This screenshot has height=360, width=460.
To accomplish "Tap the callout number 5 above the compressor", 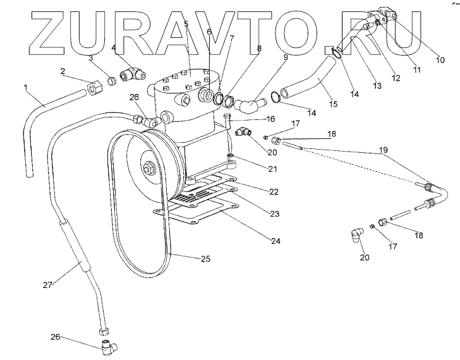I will pyautogui.click(x=186, y=23).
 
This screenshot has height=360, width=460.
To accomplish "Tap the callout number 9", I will pyautogui.click(x=285, y=57).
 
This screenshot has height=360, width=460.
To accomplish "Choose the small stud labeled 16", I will pyautogui.click(x=225, y=118).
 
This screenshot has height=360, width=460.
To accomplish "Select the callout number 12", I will pyautogui.click(x=396, y=79).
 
